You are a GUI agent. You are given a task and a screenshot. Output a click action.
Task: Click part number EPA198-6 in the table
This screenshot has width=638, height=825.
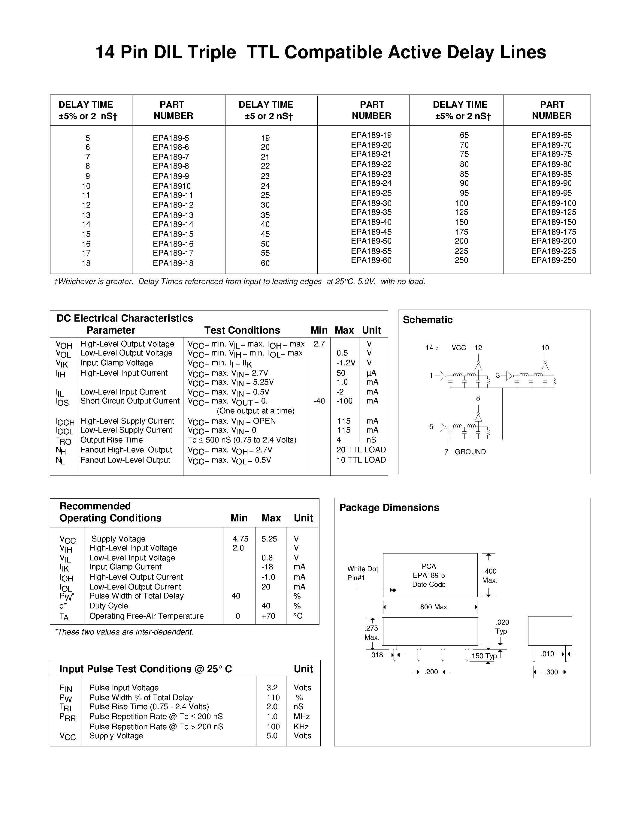coord(171,147)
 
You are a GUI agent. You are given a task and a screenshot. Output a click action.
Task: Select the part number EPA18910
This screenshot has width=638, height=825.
coord(172,186)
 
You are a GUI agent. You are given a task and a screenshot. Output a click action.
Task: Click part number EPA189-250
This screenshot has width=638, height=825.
coord(553,260)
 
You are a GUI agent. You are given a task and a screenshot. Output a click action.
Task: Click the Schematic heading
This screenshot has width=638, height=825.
coord(428,320)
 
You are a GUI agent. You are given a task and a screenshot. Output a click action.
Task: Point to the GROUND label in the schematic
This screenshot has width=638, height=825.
coord(470,452)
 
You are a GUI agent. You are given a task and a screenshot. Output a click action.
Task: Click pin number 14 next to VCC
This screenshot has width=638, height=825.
coord(429,347)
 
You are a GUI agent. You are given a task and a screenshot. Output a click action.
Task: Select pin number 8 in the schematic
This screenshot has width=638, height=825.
coord(478,398)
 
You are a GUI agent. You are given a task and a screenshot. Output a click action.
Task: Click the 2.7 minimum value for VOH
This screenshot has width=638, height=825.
coord(319,344)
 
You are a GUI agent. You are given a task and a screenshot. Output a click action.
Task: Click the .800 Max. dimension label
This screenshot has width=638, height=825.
coord(434,607)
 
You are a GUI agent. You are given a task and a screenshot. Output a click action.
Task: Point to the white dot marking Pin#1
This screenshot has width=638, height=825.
coord(394,590)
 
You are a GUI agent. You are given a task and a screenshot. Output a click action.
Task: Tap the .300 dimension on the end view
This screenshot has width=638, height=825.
coord(552,672)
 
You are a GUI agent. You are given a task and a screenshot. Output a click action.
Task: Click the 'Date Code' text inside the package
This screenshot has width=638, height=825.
coord(429,584)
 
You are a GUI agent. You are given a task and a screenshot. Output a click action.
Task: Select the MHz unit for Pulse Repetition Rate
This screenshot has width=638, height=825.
coord(302,717)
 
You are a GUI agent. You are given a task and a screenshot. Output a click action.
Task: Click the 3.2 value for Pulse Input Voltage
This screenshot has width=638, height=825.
coord(272,688)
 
